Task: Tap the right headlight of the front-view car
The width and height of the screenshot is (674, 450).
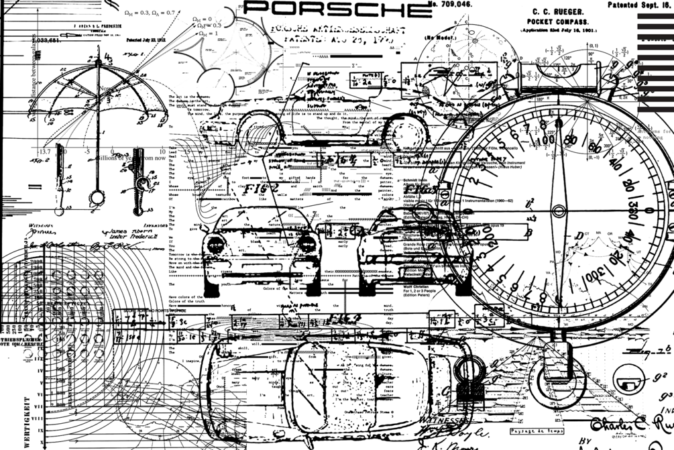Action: (306, 243)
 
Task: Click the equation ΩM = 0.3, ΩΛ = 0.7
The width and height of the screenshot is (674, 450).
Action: (150, 12)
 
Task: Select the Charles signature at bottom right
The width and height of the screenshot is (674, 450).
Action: (616, 423)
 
